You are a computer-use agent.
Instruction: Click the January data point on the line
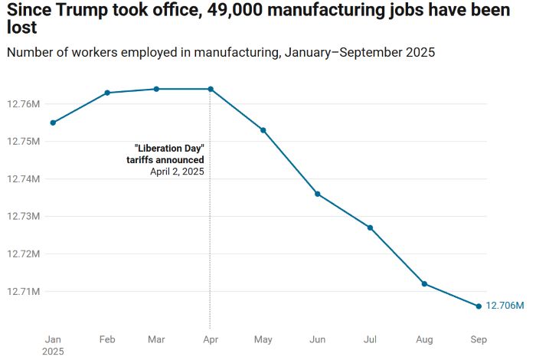point(53,123)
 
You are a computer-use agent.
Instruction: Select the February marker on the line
point(107,93)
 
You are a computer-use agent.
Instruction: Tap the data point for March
point(156,89)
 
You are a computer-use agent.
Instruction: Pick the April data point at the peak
point(211,89)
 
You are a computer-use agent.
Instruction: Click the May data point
point(263,130)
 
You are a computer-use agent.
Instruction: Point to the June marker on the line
point(318,194)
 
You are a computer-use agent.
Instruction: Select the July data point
point(370,227)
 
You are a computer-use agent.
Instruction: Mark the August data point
point(424,284)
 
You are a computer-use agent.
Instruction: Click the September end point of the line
point(479,306)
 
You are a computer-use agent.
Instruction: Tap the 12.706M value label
point(505,306)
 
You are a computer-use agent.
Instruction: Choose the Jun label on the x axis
point(317,339)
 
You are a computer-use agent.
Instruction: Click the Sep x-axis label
point(479,339)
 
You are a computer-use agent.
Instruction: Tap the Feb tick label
point(107,339)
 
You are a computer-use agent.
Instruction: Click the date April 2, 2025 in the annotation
point(177,172)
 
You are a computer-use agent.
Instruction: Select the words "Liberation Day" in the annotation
point(169,147)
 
